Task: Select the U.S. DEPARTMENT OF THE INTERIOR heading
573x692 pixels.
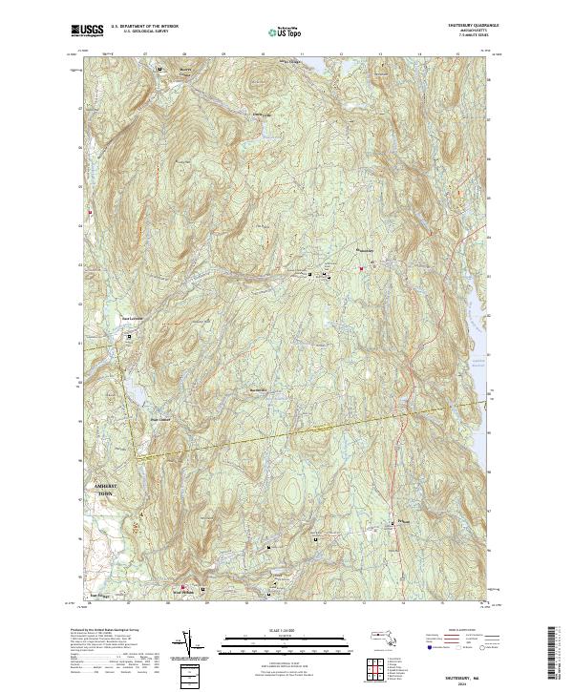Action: tap(144, 26)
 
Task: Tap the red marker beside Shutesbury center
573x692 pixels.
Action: tap(361, 269)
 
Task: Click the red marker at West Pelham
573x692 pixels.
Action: tap(183, 587)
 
